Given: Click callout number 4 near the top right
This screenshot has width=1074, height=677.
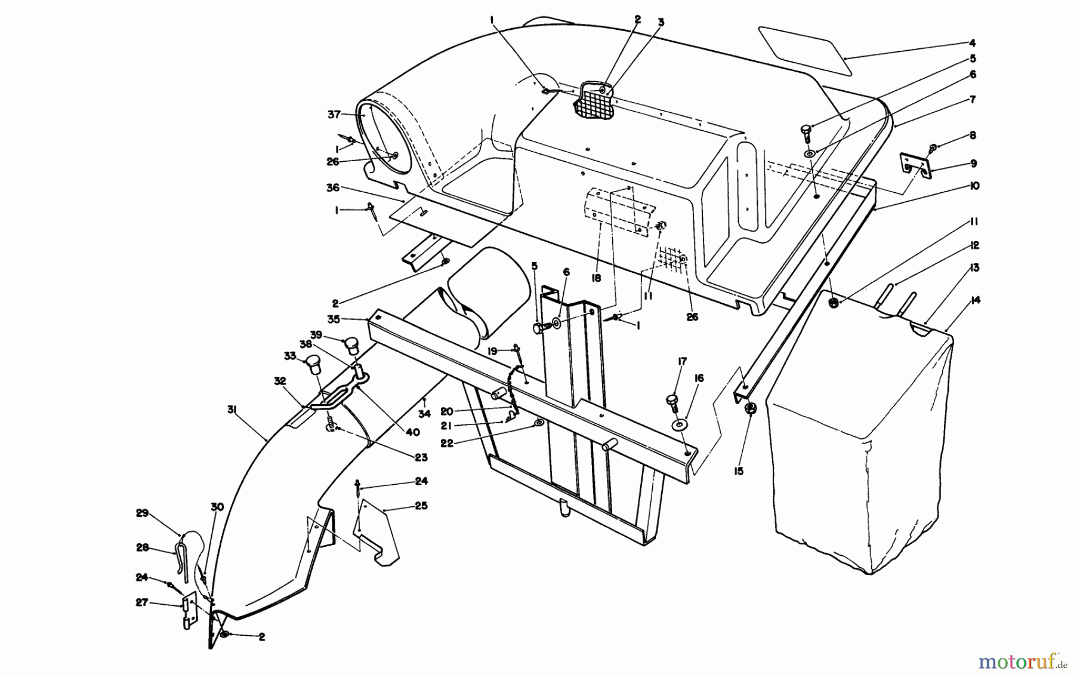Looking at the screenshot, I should [x=972, y=43].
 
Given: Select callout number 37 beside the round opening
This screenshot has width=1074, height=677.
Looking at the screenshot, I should [x=334, y=113].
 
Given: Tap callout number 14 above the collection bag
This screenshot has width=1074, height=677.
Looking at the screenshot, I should [x=975, y=300].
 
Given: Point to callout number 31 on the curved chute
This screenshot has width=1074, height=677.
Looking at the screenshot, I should [x=232, y=409].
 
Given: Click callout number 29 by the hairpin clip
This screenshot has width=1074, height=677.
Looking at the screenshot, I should [x=141, y=513].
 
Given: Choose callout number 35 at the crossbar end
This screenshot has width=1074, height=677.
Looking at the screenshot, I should [x=334, y=319].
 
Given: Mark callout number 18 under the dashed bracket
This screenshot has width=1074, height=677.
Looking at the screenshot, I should [x=596, y=278].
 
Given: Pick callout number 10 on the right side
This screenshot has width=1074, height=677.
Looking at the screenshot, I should [x=974, y=186].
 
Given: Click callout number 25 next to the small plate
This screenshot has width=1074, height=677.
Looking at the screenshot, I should [x=421, y=506].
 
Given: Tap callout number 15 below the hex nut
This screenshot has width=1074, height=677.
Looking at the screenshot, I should [x=739, y=471].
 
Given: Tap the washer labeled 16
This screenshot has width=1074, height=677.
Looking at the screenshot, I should [x=678, y=426].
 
